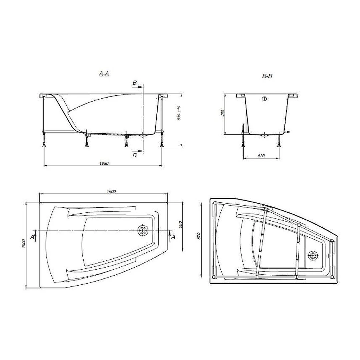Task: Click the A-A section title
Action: point(104,74)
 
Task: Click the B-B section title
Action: point(267,76)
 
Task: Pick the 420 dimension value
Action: point(261,156)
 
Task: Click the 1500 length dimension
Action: point(111,192)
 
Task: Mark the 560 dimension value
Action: point(180,226)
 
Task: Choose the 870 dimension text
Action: point(199,236)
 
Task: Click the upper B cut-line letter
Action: point(134,83)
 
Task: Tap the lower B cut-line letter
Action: point(134,155)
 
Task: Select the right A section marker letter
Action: point(173,237)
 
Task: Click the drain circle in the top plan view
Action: point(142,230)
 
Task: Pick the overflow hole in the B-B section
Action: point(264,99)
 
